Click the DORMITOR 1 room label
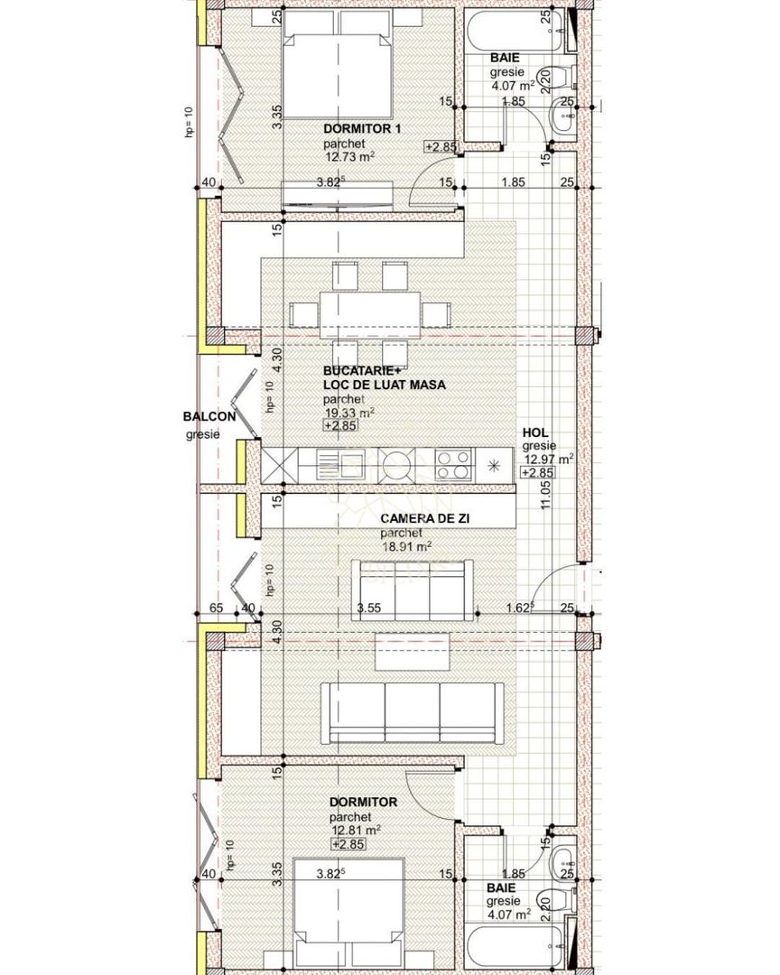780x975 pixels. (x=362, y=130)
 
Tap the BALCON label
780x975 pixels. (x=209, y=417)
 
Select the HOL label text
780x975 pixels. (x=535, y=433)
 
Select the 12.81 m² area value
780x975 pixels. (x=355, y=830)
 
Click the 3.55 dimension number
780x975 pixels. (x=367, y=608)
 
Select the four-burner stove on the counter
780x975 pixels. (x=453, y=465)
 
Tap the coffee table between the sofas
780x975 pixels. (x=412, y=650)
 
